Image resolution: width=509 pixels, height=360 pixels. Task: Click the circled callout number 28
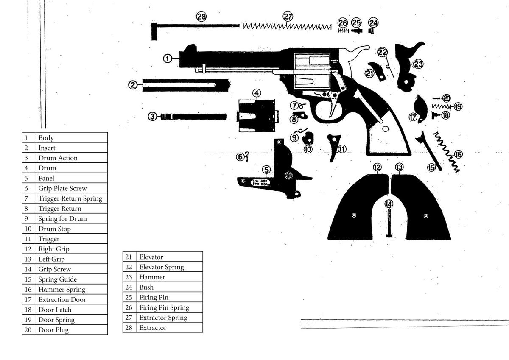point(201,17)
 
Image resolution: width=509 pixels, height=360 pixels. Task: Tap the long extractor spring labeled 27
point(287,26)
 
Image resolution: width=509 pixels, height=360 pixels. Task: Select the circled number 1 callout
point(168,59)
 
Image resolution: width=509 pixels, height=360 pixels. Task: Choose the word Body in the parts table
point(46,138)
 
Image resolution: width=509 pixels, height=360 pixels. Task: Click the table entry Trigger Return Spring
point(70,198)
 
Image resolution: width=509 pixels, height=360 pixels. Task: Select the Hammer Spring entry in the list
point(62,290)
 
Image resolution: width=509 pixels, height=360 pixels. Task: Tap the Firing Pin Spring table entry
point(164,307)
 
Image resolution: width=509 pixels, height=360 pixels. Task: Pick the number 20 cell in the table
point(28,330)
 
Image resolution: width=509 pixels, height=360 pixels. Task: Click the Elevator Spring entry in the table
point(162,267)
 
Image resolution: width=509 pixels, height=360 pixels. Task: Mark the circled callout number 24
point(373,22)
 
